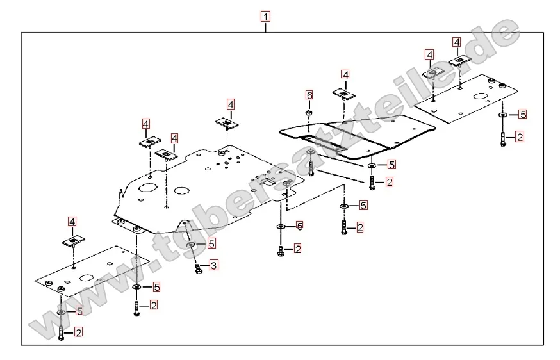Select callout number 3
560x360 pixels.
(x=214, y=265)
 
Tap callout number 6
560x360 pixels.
(x=309, y=95)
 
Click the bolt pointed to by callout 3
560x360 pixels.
(x=198, y=268)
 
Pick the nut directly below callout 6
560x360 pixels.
(x=309, y=113)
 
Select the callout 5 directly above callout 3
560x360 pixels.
(x=211, y=243)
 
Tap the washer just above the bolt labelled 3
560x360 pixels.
(x=192, y=245)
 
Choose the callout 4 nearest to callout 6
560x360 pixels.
(x=345, y=75)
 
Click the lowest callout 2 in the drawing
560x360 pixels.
(x=78, y=332)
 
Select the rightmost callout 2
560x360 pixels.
(x=519, y=136)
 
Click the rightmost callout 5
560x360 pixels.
(x=522, y=115)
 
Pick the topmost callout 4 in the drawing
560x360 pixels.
(x=457, y=42)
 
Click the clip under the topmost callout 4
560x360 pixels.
(x=461, y=61)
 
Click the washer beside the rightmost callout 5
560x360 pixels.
(x=503, y=115)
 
